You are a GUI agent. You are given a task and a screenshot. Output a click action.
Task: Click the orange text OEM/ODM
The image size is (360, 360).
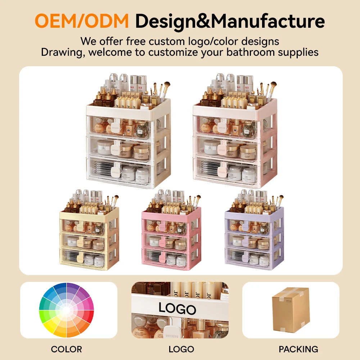click(x=82, y=21)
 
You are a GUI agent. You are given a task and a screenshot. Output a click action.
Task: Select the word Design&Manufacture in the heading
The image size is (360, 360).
click(x=230, y=21)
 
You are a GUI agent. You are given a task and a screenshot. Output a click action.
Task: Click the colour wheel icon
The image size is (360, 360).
click(x=67, y=310)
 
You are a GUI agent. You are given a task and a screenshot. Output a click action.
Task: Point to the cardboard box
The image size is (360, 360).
click(x=291, y=310)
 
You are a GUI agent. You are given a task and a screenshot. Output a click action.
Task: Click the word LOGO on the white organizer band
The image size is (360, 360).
click(x=177, y=309)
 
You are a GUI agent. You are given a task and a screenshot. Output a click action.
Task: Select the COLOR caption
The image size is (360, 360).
click(x=67, y=349)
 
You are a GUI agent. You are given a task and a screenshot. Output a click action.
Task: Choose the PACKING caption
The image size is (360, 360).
click(x=298, y=349)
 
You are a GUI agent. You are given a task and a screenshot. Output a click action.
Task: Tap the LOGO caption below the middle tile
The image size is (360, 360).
click(x=181, y=349)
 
